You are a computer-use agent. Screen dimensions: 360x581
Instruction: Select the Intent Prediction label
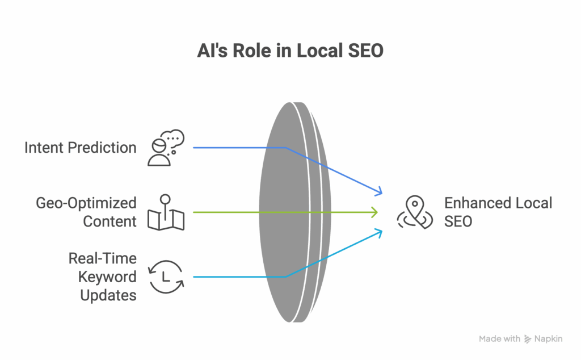[x=80, y=148]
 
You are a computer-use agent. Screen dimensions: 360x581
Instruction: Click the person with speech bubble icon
[x=165, y=148]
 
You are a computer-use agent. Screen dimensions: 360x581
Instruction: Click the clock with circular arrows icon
[x=165, y=277]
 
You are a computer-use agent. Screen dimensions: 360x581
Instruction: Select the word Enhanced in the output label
[x=476, y=203]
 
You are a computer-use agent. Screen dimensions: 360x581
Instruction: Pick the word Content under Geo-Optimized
[x=110, y=221]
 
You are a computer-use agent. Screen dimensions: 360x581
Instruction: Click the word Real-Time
[x=103, y=258]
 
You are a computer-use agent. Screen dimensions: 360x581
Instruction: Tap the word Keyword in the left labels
[x=107, y=277]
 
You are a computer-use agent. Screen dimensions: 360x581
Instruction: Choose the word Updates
[x=108, y=295]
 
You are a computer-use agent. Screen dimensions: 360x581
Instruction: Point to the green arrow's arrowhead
[x=375, y=212]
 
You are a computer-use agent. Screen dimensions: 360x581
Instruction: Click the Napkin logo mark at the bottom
[x=528, y=339]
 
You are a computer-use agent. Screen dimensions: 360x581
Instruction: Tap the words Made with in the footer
[x=499, y=339]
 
